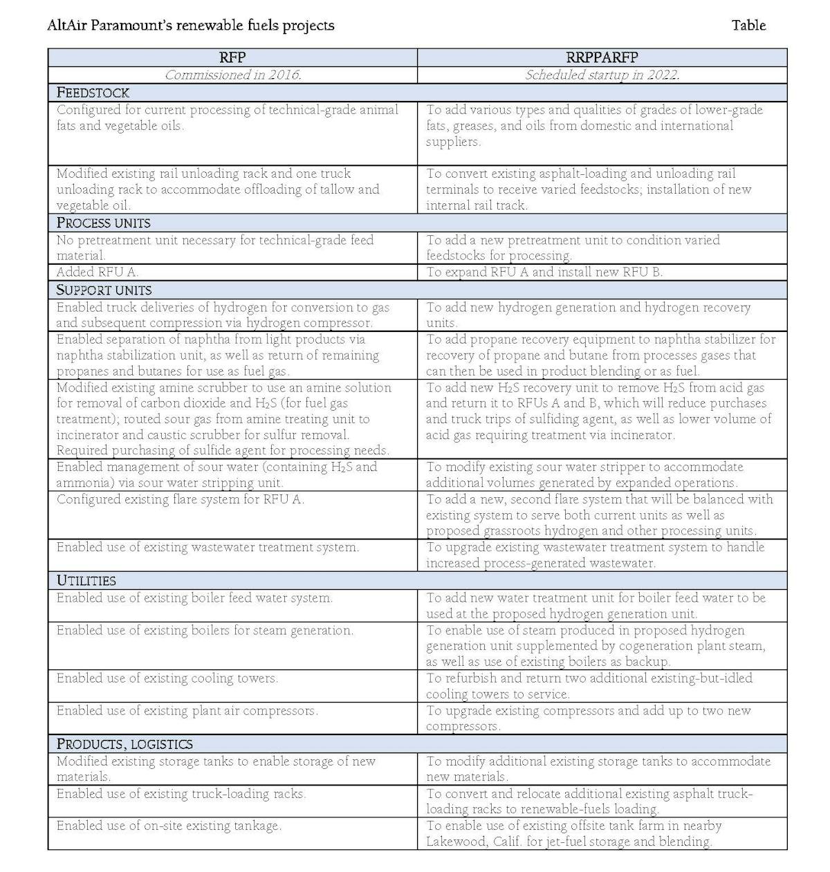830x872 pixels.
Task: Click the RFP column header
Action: (232, 57)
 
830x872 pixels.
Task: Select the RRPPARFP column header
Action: (602, 57)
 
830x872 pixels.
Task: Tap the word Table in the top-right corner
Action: (748, 26)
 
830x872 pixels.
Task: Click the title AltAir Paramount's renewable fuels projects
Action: (191, 26)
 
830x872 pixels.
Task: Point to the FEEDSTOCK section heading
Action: (93, 93)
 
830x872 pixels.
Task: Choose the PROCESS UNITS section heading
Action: (103, 223)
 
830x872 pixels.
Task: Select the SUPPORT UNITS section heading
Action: (104, 290)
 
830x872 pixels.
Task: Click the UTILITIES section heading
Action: (86, 580)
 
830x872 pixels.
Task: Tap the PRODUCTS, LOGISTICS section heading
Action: (124, 744)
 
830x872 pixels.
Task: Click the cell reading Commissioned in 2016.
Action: (232, 75)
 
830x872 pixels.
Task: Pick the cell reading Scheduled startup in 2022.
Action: (602, 75)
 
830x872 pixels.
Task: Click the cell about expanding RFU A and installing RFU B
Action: (544, 272)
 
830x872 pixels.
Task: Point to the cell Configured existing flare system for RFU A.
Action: (180, 499)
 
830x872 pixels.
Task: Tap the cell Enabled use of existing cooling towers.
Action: (167, 678)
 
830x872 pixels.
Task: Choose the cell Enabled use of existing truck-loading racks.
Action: (181, 794)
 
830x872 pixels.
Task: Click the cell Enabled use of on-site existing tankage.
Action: (169, 826)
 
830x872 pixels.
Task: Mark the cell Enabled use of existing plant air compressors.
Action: (187, 711)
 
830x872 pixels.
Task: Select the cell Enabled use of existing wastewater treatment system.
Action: (207, 548)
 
